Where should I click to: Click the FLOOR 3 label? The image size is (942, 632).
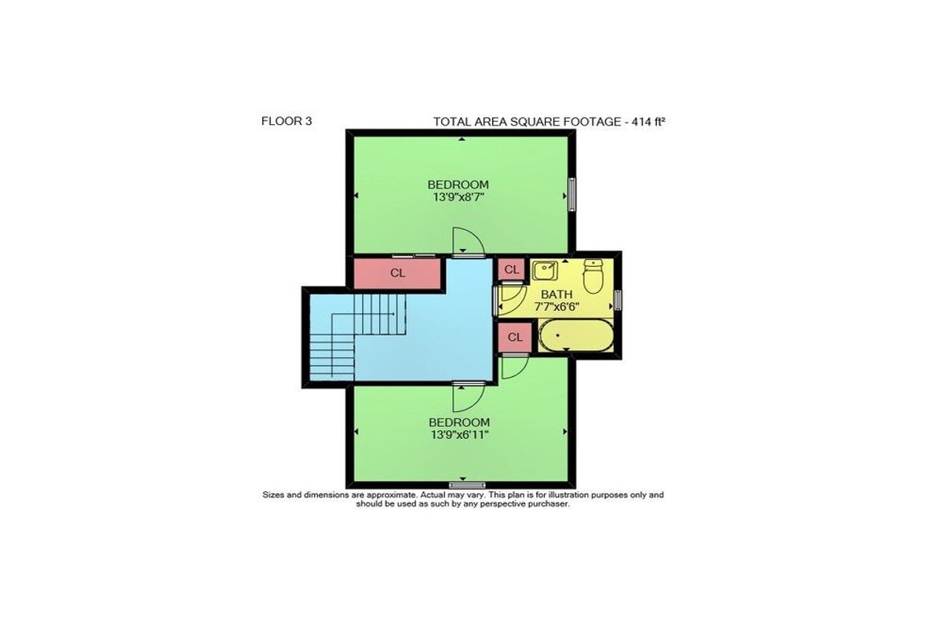click(x=287, y=121)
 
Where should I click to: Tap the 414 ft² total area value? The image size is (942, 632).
click(x=648, y=122)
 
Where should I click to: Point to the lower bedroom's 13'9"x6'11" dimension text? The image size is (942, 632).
click(x=459, y=434)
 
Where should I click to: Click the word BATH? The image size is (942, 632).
click(x=557, y=294)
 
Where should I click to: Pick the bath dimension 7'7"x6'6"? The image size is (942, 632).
click(x=557, y=306)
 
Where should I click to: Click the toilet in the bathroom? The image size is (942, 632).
click(x=593, y=276)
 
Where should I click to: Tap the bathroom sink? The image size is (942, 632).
click(x=545, y=270)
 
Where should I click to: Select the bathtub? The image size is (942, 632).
click(x=575, y=335)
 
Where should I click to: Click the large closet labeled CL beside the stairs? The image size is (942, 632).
click(x=397, y=273)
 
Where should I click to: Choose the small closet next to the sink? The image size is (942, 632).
click(x=511, y=269)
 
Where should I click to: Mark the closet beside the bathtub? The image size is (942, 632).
click(x=515, y=338)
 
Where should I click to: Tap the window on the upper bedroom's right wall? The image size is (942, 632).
click(x=572, y=194)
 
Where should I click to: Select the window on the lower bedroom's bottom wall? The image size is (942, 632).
click(x=467, y=485)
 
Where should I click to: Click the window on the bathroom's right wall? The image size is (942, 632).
click(x=618, y=300)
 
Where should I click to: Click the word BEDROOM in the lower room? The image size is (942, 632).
click(x=459, y=422)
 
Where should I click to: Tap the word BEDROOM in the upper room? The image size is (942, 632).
click(x=458, y=184)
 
